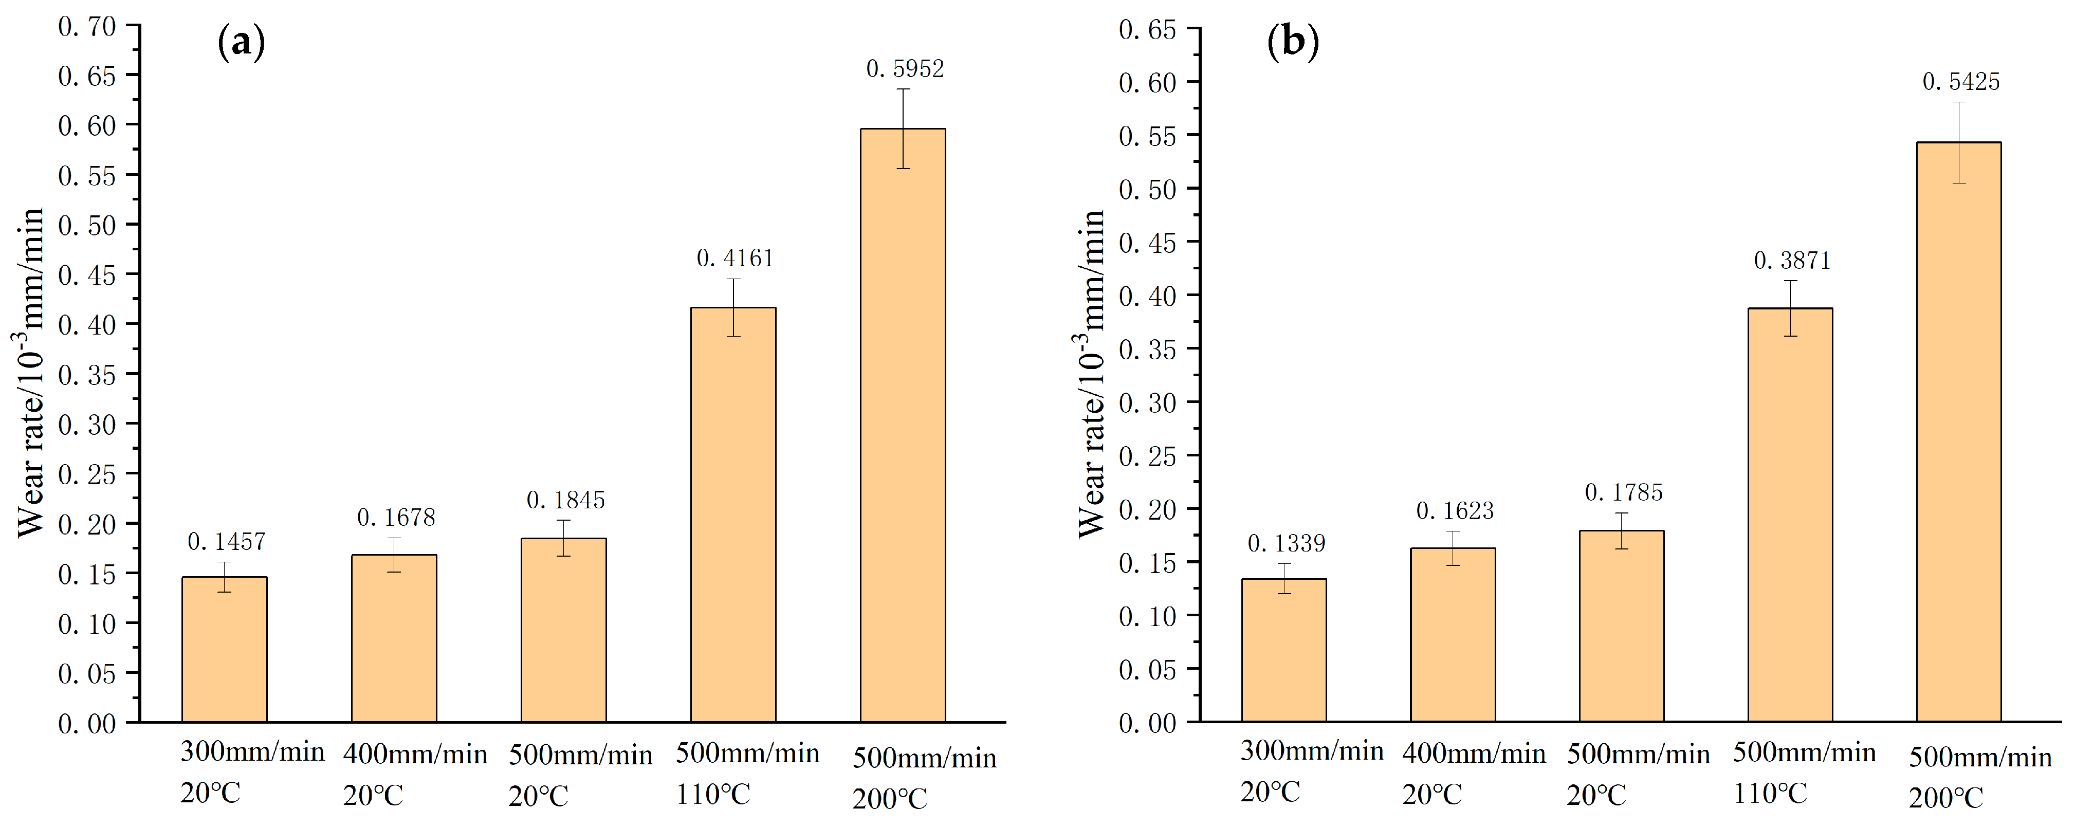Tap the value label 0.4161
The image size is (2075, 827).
click(x=734, y=259)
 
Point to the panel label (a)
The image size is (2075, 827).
click(x=241, y=42)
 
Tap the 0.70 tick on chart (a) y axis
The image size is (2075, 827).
click(x=87, y=27)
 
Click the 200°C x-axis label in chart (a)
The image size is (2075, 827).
click(x=889, y=799)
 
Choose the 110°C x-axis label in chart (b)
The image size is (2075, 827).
click(x=1770, y=794)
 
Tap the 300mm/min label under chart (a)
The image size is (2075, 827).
click(x=252, y=752)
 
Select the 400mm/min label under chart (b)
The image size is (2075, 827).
click(x=1473, y=754)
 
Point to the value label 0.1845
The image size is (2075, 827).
click(x=565, y=501)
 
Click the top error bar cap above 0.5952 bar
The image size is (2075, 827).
click(x=903, y=89)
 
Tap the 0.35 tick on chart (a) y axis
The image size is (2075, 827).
click(x=87, y=375)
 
